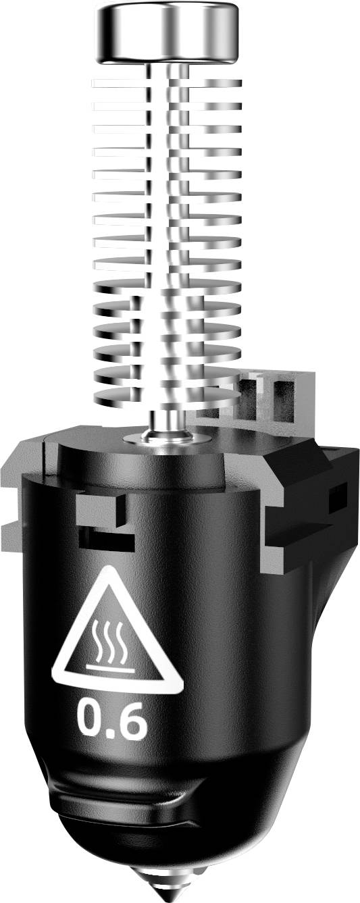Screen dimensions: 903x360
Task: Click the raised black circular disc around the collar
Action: pyautogui.click(x=142, y=459)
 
